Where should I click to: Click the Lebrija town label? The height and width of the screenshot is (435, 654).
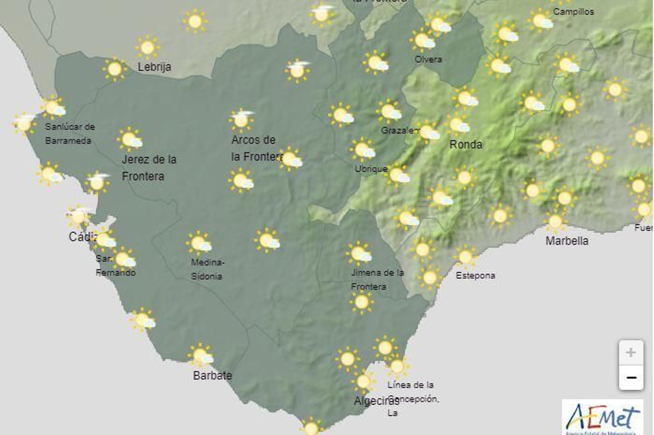[154, 67]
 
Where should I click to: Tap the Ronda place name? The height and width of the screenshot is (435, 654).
[466, 144]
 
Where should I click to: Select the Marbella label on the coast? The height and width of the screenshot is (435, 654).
[567, 241]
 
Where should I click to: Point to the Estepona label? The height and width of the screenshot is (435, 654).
[475, 276]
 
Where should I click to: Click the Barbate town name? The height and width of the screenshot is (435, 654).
[212, 375]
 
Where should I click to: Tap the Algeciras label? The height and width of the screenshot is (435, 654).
[376, 401]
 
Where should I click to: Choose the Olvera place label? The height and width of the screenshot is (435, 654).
[428, 59]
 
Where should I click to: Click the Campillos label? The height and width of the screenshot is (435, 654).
[573, 11]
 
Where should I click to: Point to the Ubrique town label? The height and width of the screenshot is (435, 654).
[371, 168]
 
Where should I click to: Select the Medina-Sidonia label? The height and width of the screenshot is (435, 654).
[207, 269]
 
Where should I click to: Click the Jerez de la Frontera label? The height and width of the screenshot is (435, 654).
[149, 168]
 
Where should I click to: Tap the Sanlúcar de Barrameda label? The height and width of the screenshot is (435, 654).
[69, 134]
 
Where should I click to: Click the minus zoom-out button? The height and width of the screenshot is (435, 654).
[631, 377]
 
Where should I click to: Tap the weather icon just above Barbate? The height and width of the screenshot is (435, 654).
[201, 355]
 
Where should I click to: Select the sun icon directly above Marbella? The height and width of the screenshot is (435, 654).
[555, 222]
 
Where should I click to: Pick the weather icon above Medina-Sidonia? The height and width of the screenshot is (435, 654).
[199, 244]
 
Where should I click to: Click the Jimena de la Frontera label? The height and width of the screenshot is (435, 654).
[377, 280]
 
